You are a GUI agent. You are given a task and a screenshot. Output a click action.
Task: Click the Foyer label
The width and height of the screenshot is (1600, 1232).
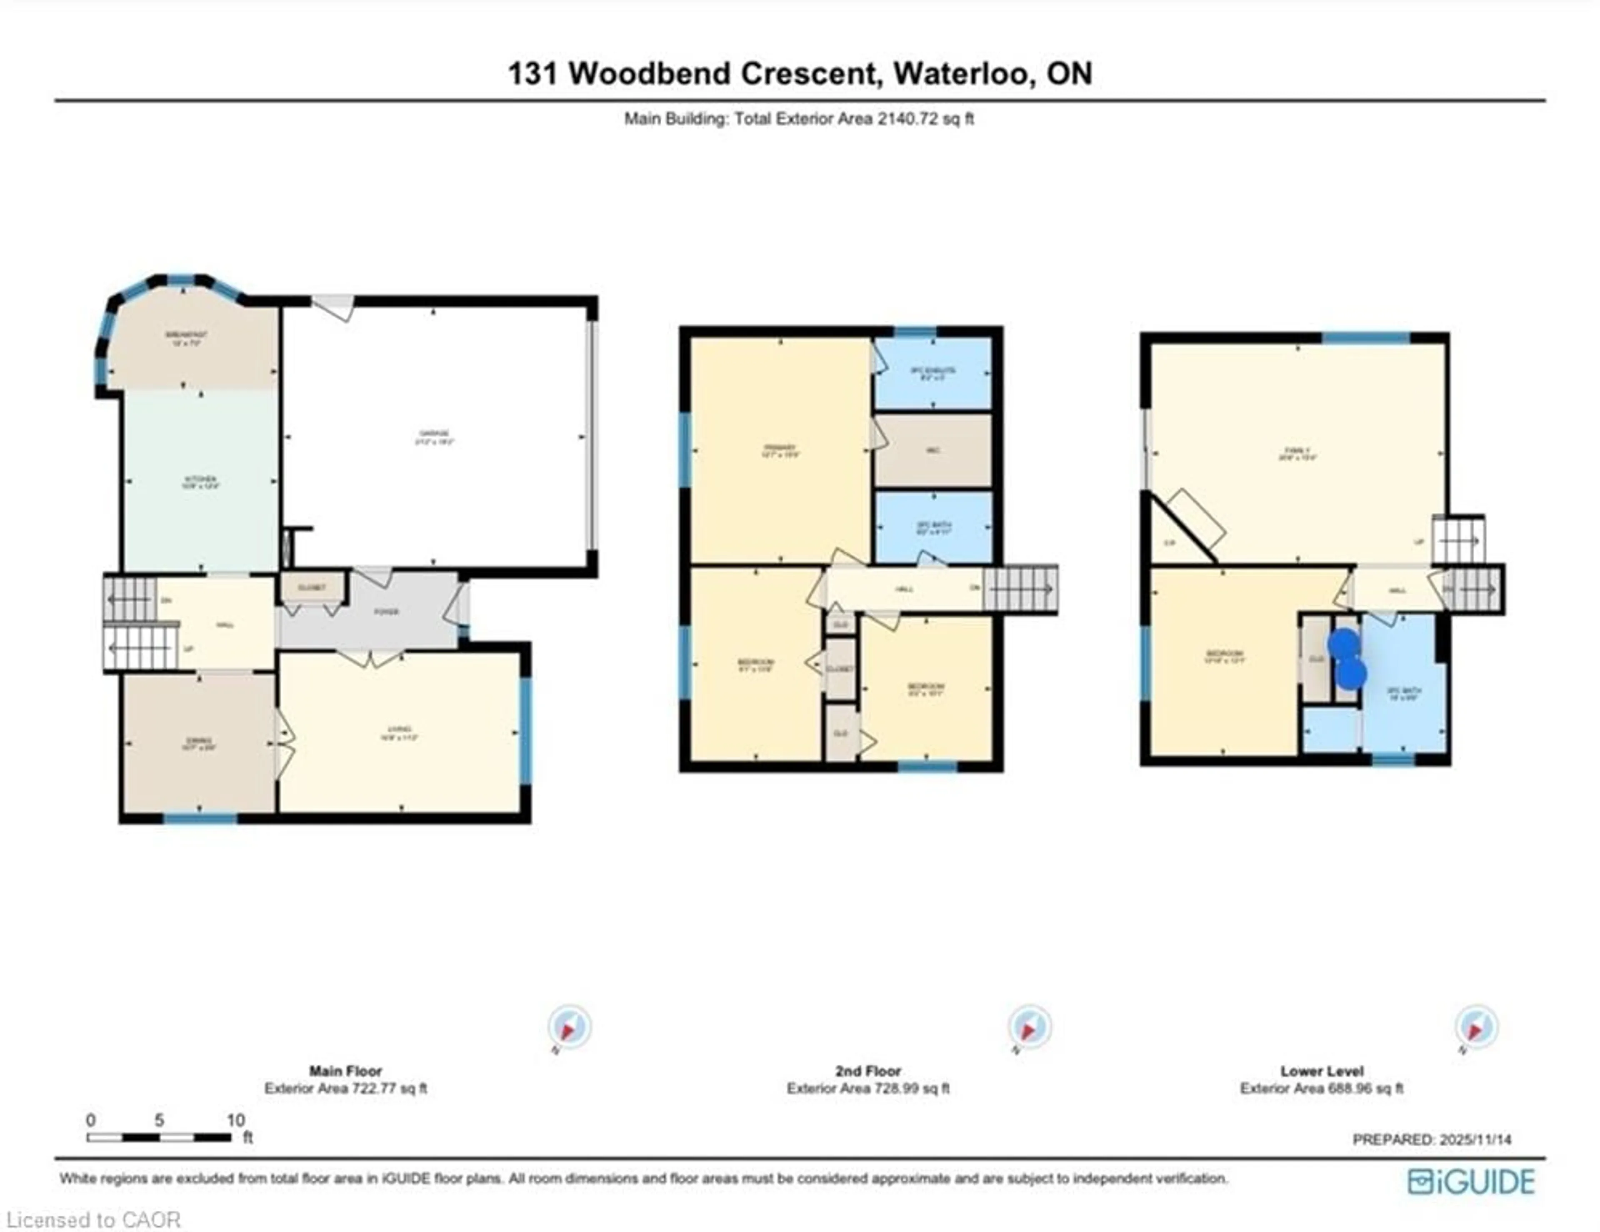[x=387, y=611]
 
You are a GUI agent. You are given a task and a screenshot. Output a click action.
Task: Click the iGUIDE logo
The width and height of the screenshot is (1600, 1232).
[x=1471, y=1182]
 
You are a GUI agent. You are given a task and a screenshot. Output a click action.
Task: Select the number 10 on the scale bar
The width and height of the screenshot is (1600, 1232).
[x=235, y=1120]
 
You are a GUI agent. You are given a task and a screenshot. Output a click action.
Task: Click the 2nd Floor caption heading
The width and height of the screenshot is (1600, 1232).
[x=868, y=1071]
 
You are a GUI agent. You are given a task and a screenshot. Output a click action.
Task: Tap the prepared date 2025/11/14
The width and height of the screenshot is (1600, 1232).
[x=1475, y=1140]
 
